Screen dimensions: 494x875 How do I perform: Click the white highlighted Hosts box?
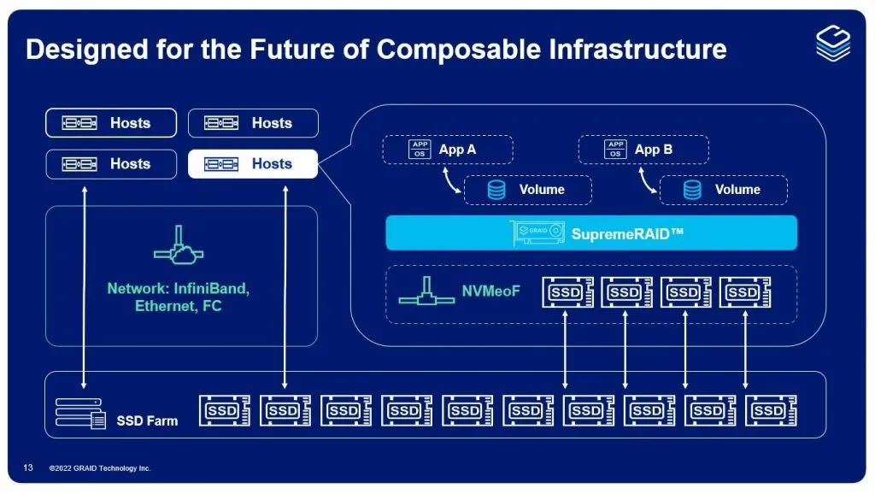click(253, 164)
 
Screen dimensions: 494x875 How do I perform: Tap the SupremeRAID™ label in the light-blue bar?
click(626, 232)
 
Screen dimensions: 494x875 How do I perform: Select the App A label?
click(457, 150)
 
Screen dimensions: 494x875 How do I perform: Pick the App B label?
click(654, 150)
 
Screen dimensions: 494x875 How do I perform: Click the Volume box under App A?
click(527, 190)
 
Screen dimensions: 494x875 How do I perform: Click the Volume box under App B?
click(723, 190)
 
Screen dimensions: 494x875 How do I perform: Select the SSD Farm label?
click(147, 420)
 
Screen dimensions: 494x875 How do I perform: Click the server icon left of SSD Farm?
click(80, 413)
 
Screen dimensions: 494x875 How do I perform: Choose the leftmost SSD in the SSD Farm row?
click(224, 411)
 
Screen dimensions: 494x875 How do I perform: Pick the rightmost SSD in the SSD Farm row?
click(770, 411)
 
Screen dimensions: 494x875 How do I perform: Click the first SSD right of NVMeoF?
click(567, 293)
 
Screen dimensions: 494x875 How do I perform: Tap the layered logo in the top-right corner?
click(832, 42)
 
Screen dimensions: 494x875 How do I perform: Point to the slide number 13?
click(28, 468)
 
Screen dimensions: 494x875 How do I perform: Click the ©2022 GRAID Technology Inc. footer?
click(100, 468)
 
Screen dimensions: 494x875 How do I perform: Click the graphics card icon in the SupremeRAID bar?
click(537, 232)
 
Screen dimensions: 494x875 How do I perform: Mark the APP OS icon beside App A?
click(420, 150)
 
